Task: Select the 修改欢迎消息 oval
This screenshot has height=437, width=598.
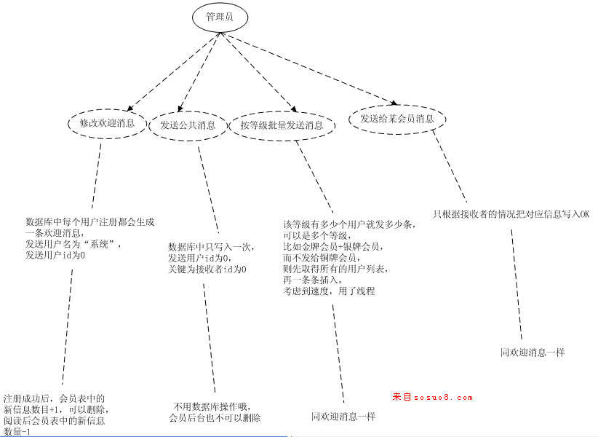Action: tap(107, 124)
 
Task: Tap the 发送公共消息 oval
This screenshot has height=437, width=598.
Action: tap(188, 125)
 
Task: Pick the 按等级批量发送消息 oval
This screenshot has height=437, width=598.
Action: tap(282, 125)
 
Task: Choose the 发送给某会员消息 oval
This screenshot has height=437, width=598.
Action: tap(396, 119)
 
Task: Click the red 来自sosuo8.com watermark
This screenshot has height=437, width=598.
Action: tap(433, 398)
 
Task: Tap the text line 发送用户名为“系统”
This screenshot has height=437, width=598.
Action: tap(73, 245)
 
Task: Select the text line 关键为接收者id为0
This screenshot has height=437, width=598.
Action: tap(207, 269)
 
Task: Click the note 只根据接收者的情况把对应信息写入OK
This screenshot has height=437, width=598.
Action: tap(511, 214)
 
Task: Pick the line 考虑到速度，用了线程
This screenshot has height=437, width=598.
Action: tap(329, 291)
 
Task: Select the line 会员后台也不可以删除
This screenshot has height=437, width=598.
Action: tap(215, 418)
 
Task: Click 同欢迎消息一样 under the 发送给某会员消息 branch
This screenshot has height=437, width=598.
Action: tap(533, 352)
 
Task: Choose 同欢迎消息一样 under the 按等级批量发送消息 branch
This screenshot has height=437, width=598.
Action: tap(343, 417)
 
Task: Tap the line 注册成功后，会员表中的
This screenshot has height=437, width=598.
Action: tap(54, 398)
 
